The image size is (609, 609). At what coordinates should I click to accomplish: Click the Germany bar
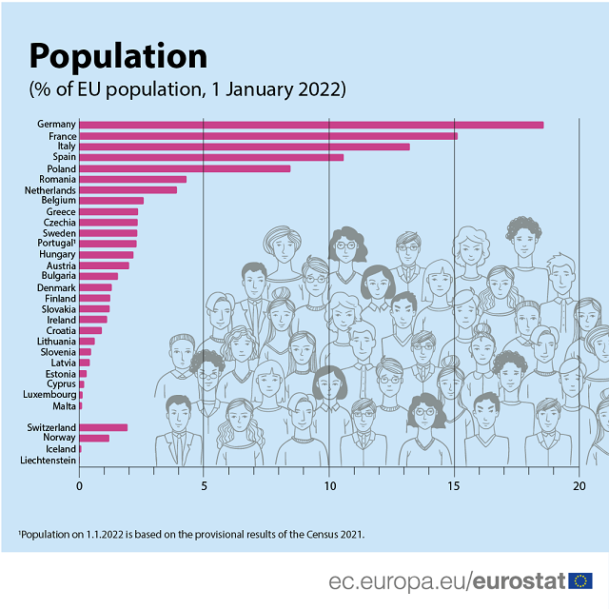[311, 125]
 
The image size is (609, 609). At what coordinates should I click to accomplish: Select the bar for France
[268, 136]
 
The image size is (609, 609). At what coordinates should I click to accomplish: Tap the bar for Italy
[245, 147]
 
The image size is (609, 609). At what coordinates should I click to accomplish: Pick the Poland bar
[185, 168]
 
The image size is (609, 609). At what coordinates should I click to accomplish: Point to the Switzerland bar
[103, 427]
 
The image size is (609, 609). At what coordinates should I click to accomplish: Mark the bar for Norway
[94, 438]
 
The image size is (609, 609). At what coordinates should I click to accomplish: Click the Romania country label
[57, 179]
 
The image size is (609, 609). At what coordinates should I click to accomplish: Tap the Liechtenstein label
[48, 460]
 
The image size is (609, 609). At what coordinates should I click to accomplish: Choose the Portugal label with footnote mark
[54, 244]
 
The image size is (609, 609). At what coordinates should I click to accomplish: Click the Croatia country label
[58, 330]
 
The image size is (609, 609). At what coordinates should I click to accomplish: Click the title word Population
[118, 56]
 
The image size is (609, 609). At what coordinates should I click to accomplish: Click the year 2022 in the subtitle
[315, 89]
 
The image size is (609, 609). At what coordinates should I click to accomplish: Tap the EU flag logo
[580, 580]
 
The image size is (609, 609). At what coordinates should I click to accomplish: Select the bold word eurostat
[519, 580]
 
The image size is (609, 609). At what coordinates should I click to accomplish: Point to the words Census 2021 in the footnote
[329, 534]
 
